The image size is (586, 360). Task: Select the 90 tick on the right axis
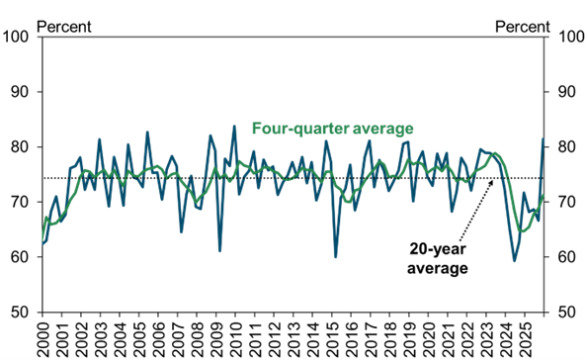coord(567,92)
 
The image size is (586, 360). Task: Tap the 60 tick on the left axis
coord(22,257)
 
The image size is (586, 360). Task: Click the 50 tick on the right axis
coord(567,313)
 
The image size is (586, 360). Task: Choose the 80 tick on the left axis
coord(22,147)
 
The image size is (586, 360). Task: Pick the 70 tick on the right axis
coord(567,202)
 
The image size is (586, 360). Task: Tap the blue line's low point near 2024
coord(515,260)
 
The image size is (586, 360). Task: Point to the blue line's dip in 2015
coord(336,256)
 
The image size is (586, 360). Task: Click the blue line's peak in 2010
coord(234,127)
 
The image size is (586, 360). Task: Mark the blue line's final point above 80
coord(543,139)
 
